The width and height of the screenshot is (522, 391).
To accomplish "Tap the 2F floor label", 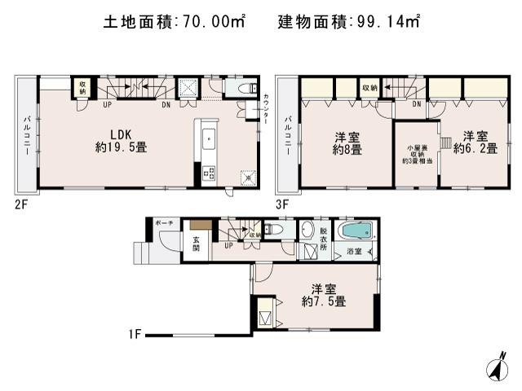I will pyautogui.click(x=20, y=204).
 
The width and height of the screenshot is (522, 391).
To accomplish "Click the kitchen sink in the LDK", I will pyautogui.click(x=207, y=138).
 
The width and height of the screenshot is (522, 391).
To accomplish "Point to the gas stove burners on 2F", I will pyautogui.click(x=207, y=173).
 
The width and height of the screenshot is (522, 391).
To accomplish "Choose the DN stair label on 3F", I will pyautogui.click(x=416, y=104).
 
